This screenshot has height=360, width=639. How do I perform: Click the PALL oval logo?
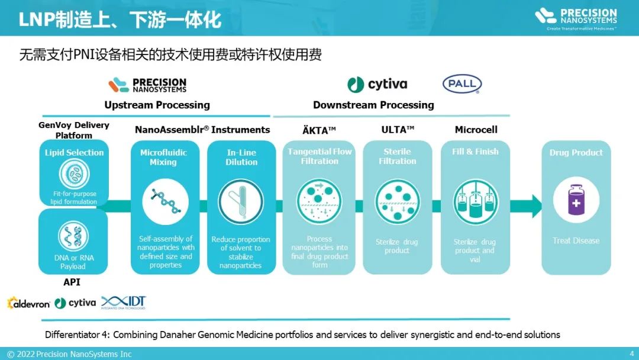(x=462, y=84)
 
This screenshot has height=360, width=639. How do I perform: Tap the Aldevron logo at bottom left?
(x=28, y=303)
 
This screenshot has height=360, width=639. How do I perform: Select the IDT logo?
(x=124, y=303)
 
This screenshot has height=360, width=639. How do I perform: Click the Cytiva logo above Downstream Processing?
(x=377, y=85)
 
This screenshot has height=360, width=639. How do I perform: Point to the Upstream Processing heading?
(x=157, y=105)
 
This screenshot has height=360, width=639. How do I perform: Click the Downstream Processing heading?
(x=373, y=105)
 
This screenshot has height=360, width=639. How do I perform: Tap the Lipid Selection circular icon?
(x=74, y=174)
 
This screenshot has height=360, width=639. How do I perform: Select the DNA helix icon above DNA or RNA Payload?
(x=73, y=236)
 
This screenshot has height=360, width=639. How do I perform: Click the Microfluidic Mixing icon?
(x=165, y=201)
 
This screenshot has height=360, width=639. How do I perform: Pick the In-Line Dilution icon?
(x=241, y=201)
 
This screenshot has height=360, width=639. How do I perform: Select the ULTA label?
(x=398, y=130)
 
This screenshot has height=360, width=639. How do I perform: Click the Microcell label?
(x=476, y=130)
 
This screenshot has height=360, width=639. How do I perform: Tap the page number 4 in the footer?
(x=631, y=353)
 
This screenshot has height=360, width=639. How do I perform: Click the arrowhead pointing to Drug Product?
(x=535, y=205)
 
